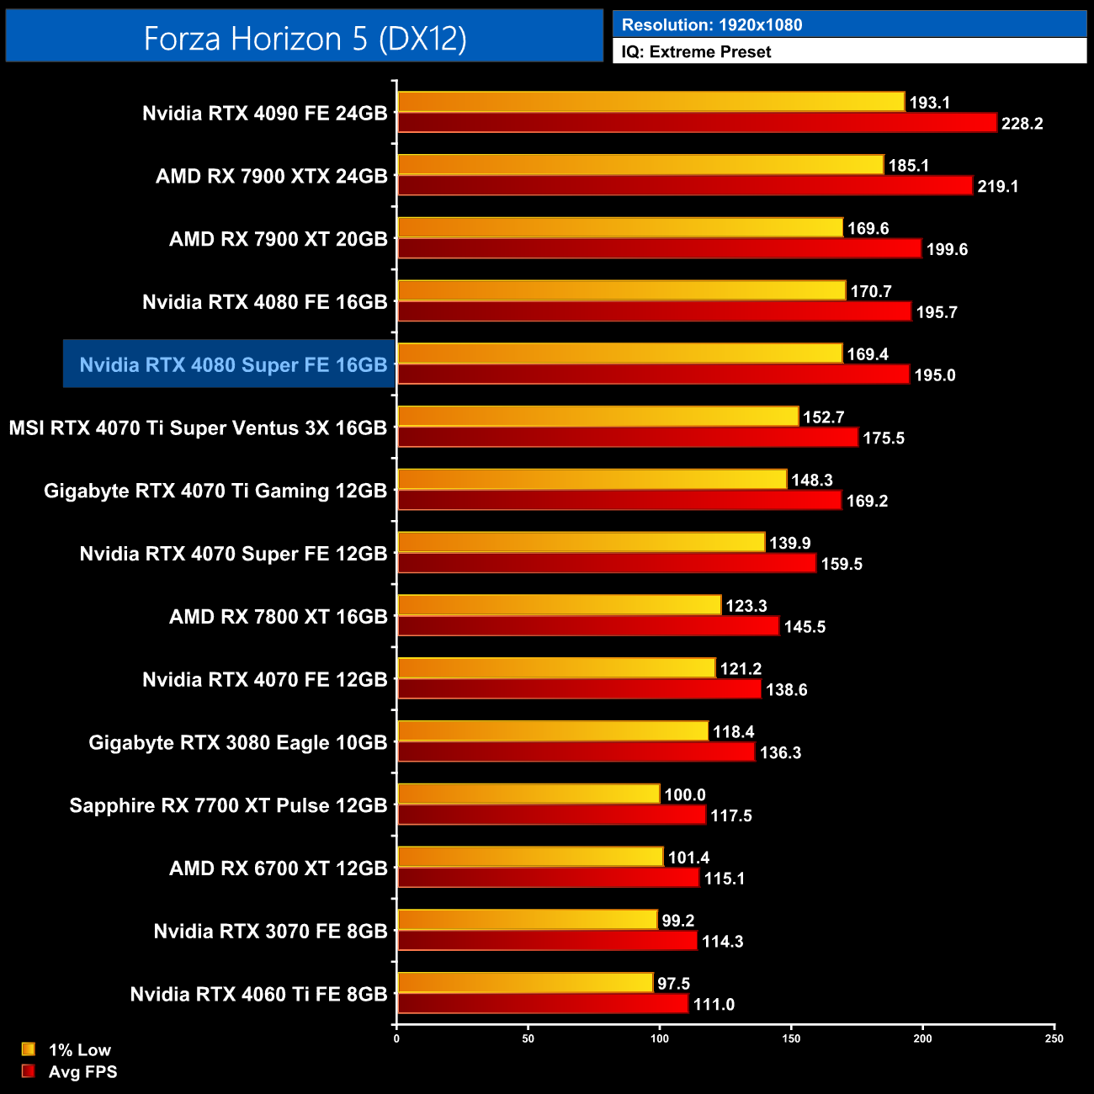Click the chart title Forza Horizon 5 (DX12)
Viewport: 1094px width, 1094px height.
305,38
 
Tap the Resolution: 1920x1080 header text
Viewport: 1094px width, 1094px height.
712,24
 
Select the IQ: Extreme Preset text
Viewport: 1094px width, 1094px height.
696,52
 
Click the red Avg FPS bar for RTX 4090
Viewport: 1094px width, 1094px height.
697,123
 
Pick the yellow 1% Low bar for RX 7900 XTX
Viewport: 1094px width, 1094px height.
640,165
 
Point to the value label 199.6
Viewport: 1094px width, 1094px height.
947,249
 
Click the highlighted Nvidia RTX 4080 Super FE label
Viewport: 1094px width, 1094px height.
233,364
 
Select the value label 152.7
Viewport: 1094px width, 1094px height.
823,417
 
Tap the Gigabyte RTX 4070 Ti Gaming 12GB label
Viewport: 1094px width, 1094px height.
215,491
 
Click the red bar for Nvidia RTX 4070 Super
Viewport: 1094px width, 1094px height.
607,563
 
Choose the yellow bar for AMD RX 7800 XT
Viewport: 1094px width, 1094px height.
559,605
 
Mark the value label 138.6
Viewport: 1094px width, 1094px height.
786,690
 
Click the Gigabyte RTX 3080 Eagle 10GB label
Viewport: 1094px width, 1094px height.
238,742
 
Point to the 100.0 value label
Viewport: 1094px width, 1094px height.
684,794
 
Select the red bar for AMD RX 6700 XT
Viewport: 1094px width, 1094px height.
548,878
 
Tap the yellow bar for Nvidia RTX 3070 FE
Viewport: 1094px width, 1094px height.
527,920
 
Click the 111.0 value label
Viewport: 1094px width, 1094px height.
714,1005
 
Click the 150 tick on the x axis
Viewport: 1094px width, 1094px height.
791,1038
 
